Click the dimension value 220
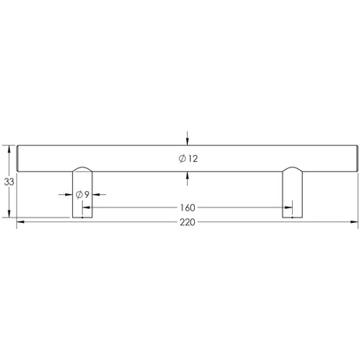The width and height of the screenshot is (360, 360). coord(185,222)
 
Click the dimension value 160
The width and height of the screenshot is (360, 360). coord(187,208)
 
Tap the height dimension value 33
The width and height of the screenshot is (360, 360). coord(9,182)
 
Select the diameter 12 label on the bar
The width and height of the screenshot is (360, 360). coord(189,159)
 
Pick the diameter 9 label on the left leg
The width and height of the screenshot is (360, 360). coord(81,193)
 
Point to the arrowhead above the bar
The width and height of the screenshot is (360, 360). coord(186,140)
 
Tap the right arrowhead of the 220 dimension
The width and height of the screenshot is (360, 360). coord(355,222)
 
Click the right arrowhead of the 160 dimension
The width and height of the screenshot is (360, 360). coord(288,208)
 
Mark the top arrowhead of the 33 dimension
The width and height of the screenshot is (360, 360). coord(9,147)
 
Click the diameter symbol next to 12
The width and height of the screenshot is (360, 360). coord(182,159)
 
